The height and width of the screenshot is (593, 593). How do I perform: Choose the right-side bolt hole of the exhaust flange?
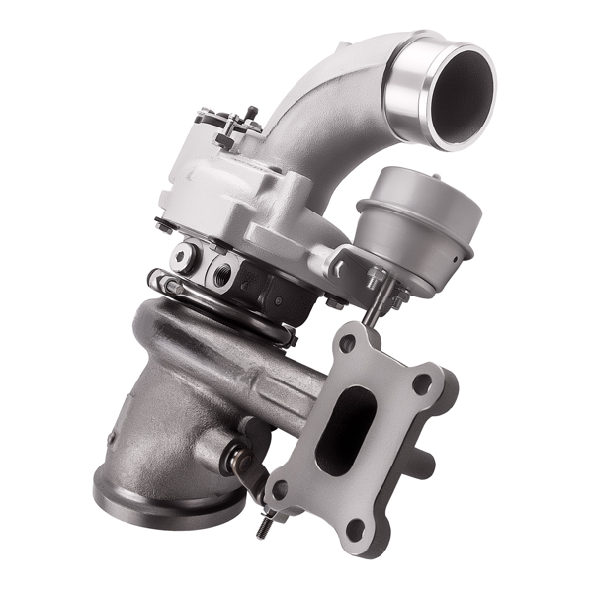click(x=422, y=384)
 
